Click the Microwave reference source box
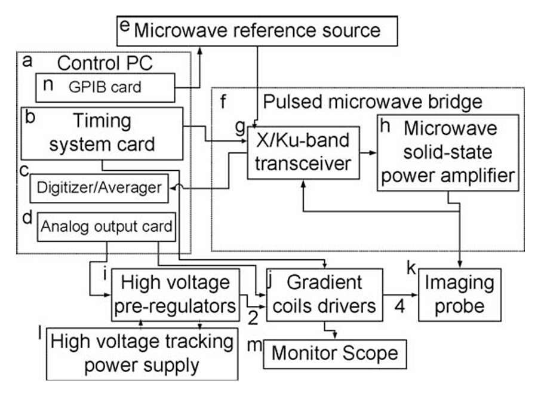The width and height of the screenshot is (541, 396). (x=257, y=30)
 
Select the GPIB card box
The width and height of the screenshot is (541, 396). (x=107, y=87)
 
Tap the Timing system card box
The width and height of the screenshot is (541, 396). (x=102, y=133)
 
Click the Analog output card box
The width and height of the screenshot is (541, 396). (x=107, y=226)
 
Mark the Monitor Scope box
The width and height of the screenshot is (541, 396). (x=334, y=353)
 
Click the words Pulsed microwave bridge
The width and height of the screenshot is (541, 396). (x=371, y=101)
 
